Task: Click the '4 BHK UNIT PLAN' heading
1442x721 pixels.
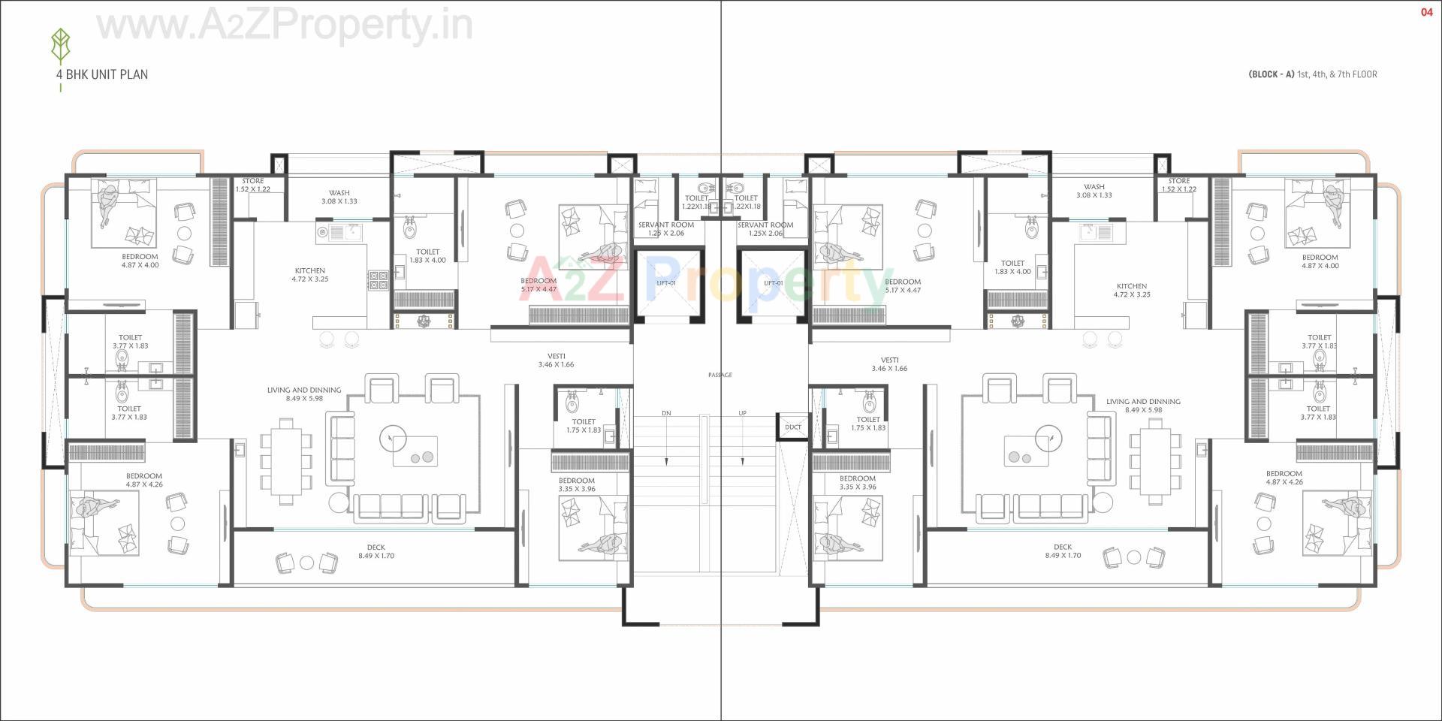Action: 101,74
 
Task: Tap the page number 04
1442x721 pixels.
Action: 1427,12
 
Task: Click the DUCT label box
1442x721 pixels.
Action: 793,427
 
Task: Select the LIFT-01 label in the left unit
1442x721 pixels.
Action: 666,283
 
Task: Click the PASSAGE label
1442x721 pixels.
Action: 719,375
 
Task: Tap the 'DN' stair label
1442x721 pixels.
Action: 666,414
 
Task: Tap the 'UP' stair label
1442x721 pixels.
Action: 742,414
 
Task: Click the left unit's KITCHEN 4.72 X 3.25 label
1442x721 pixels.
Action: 310,275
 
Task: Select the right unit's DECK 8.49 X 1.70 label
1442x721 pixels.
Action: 1063,551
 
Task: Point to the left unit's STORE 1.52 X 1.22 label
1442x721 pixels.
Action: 253,185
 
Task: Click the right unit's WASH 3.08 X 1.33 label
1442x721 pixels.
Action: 1094,191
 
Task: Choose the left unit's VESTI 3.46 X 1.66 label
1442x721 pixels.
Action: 556,360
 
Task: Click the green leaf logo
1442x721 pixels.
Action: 60,47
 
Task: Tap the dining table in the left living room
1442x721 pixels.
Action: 285,461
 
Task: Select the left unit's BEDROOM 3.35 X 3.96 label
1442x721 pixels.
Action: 577,484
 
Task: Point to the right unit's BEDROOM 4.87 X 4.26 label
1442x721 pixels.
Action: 1284,478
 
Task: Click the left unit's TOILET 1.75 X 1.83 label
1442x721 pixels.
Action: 584,426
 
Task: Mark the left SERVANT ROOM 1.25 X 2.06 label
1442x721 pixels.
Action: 666,229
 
